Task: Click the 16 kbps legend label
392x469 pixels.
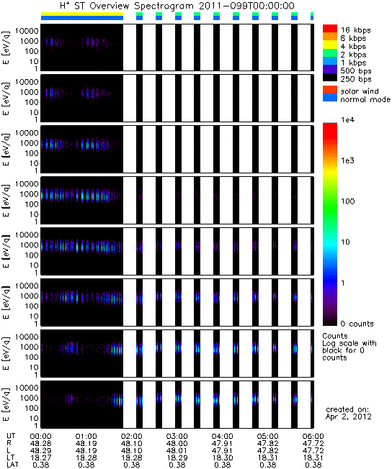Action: pos(356,30)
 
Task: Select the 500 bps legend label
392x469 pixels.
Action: pos(356,71)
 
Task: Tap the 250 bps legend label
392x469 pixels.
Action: pos(356,79)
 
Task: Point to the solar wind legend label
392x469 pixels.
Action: pos(360,91)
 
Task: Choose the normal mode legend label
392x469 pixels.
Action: pos(365,99)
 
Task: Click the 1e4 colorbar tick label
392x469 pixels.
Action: pos(347,120)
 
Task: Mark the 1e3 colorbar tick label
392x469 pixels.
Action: pos(347,160)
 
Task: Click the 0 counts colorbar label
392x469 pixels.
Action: pos(357,324)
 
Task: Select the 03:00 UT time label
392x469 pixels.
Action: pos(177,437)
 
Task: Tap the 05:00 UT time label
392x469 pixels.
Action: pos(267,437)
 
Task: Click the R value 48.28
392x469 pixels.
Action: pos(41,443)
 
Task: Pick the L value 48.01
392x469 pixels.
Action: pos(177,450)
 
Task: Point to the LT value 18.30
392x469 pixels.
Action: pos(222,457)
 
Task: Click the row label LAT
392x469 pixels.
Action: pos(12,465)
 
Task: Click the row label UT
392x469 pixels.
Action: pos(11,436)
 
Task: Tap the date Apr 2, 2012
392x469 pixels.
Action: pos(349,416)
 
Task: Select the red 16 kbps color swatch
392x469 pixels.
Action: pos(330,28)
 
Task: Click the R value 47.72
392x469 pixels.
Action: pos(313,443)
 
